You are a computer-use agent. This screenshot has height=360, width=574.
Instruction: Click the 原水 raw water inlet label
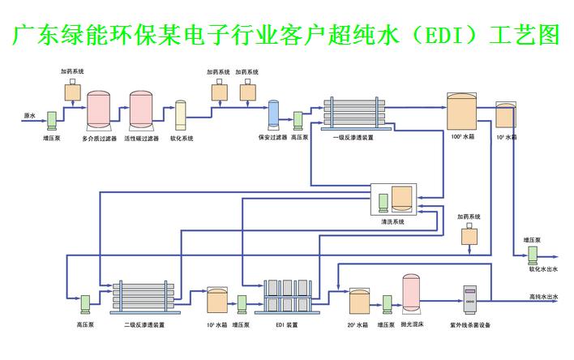click(x=29, y=116)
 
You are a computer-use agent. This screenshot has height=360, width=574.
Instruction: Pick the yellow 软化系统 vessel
click(x=182, y=116)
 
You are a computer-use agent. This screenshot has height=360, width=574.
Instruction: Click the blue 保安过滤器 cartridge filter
click(x=273, y=114)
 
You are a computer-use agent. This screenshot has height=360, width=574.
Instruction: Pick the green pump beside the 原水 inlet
click(x=50, y=119)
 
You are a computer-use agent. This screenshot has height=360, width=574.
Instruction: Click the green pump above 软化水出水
click(x=533, y=254)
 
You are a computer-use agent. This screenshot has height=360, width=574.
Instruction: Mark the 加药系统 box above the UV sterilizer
click(x=469, y=236)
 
